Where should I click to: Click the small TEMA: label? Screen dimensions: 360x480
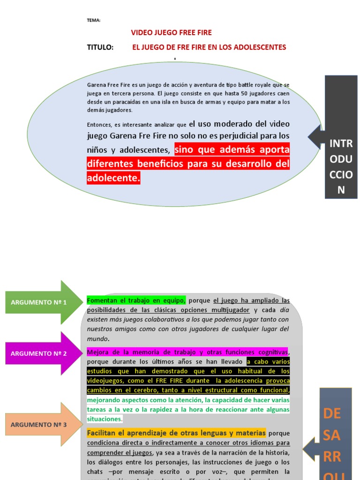pos(94,20)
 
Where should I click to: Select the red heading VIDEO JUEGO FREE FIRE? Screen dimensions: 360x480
pos(171,33)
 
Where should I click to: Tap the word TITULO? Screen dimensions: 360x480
pos(100,47)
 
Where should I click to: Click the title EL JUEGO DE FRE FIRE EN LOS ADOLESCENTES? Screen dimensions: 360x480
pos(209,47)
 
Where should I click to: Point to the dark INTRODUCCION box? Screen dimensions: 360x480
pos(341,136)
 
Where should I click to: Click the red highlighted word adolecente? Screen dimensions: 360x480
pos(113,178)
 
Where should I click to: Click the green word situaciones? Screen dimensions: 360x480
pos(105,419)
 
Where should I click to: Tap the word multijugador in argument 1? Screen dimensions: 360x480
pos(227,310)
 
